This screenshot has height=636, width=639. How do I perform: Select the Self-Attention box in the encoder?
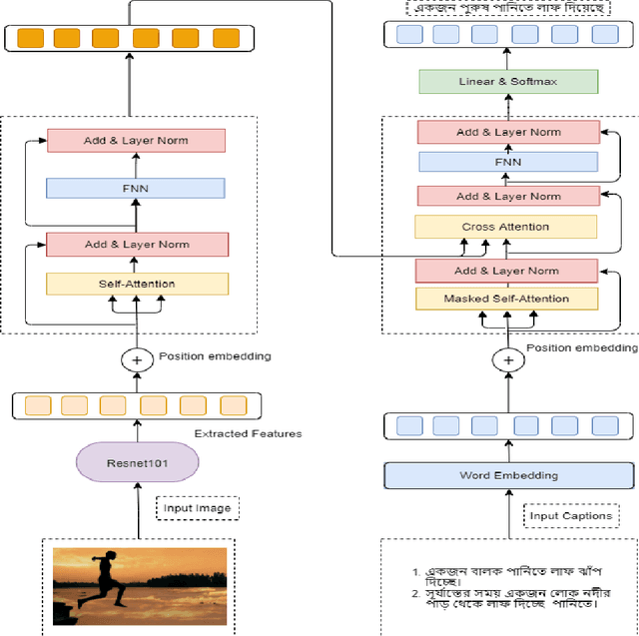[x=137, y=284]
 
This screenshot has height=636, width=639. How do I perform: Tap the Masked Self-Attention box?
[x=506, y=299]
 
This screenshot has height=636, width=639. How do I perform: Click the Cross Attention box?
[x=506, y=227]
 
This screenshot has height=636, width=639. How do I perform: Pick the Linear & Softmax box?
[x=508, y=81]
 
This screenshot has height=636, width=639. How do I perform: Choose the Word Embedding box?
[x=508, y=475]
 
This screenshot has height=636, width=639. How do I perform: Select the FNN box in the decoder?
[x=508, y=162]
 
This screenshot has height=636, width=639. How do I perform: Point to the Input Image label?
[x=198, y=508]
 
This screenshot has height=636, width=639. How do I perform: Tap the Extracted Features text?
[x=249, y=433]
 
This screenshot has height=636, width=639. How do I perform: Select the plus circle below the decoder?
[x=509, y=359]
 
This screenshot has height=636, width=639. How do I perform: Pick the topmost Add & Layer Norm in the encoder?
[x=137, y=140]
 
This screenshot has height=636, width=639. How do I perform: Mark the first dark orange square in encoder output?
[x=29, y=38]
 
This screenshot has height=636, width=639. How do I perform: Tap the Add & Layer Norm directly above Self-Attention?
[x=137, y=244]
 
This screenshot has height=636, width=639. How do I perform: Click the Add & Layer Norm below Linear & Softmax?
[x=508, y=132]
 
